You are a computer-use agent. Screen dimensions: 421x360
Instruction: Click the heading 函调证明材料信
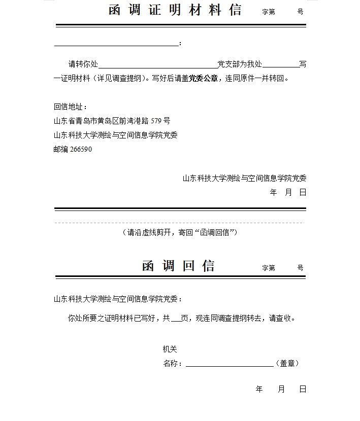point(175,10)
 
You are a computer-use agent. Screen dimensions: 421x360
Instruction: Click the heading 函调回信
point(178,266)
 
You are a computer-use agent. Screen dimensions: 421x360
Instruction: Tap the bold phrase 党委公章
point(203,79)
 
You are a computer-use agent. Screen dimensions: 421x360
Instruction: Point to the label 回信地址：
point(71,107)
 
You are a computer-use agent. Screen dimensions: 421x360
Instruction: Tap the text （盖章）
point(287,364)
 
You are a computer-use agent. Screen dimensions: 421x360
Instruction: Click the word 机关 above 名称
point(170,349)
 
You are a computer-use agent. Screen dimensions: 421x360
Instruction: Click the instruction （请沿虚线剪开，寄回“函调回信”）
point(180,233)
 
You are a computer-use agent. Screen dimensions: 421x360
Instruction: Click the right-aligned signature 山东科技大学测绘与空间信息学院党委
point(245,179)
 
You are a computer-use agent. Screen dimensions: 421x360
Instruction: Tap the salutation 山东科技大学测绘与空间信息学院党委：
point(118,299)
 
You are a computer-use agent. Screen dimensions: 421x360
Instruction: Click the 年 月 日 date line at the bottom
point(281,390)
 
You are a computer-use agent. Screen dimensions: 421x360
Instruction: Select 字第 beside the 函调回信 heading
point(269,268)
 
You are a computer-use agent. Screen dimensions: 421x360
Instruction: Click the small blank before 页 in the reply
point(176,320)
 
